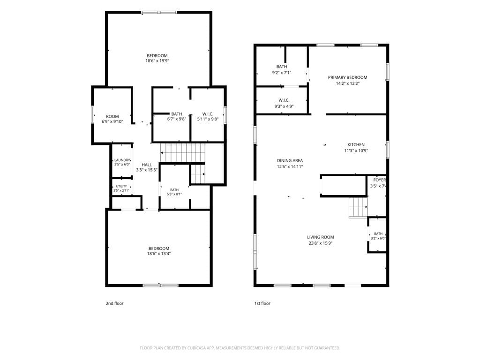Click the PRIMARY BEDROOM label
[x=347, y=77]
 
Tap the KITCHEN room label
[x=356, y=144]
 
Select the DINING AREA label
[x=290, y=160]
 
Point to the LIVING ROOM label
[x=321, y=237]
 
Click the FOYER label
[x=380, y=180]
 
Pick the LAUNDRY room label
[x=122, y=160]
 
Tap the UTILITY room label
[x=121, y=187]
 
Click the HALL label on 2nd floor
[x=147, y=165]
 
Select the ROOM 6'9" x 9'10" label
[x=112, y=116]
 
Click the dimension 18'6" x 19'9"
[x=157, y=61]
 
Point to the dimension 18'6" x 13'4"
[x=159, y=254]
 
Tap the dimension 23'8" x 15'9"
[x=321, y=243]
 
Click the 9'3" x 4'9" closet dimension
[x=284, y=106]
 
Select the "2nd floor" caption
[x=114, y=303]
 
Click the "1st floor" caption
[x=262, y=303]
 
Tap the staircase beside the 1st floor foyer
[x=358, y=208]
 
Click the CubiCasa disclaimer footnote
[x=240, y=348]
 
